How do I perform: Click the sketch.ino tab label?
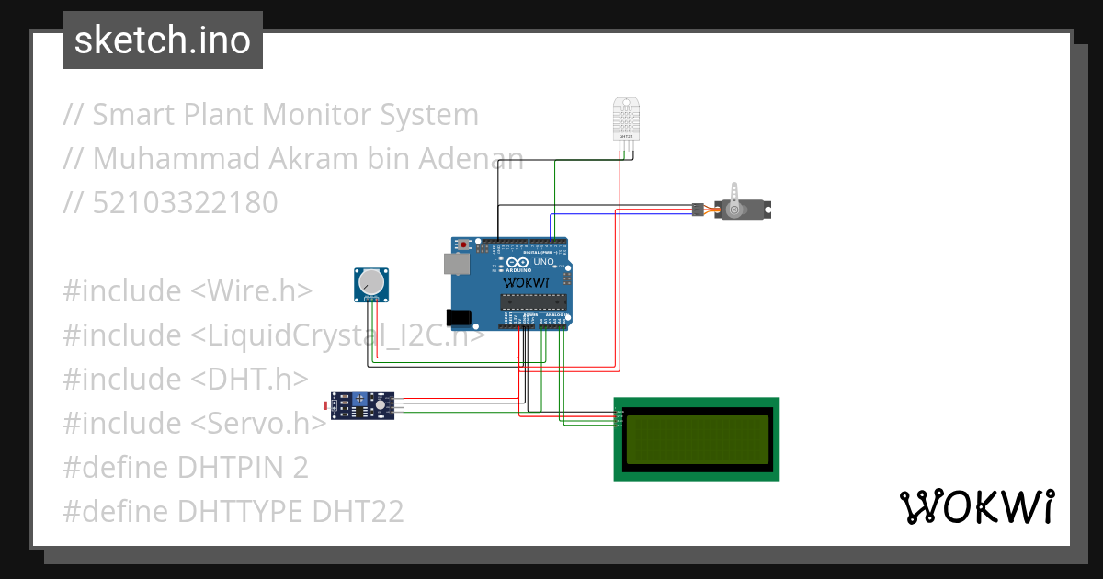pyautogui.click(x=162, y=40)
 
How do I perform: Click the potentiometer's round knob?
pyautogui.click(x=370, y=280)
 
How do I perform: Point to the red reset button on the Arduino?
pyautogui.click(x=465, y=244)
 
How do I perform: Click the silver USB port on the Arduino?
pyautogui.click(x=456, y=265)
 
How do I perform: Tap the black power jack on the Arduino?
pyautogui.click(x=458, y=318)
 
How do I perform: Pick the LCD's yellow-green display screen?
pyautogui.click(x=696, y=439)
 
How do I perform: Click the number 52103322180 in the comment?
pyautogui.click(x=185, y=203)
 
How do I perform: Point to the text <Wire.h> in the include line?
pyautogui.click(x=251, y=291)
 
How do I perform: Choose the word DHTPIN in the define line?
pyautogui.click(x=231, y=468)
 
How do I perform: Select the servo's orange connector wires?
pyautogui.click(x=709, y=210)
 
